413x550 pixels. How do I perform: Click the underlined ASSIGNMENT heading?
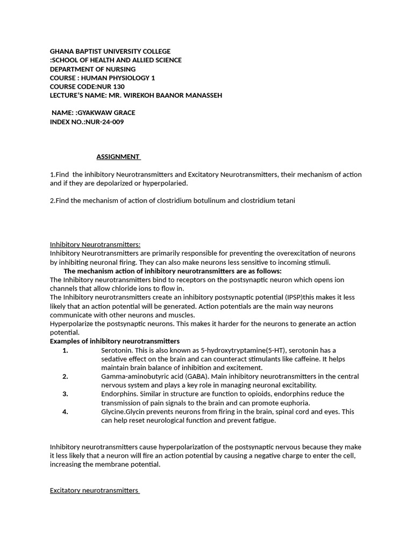point(118,157)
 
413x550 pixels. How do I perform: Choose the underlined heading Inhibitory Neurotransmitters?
point(95,244)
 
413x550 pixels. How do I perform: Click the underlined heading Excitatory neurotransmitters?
point(94,490)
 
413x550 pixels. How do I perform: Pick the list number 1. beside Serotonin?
point(65,350)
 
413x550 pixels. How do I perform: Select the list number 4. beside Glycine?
point(65,412)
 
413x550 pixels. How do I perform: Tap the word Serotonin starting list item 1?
point(116,350)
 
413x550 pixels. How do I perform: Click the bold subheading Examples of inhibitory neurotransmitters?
point(115,341)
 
